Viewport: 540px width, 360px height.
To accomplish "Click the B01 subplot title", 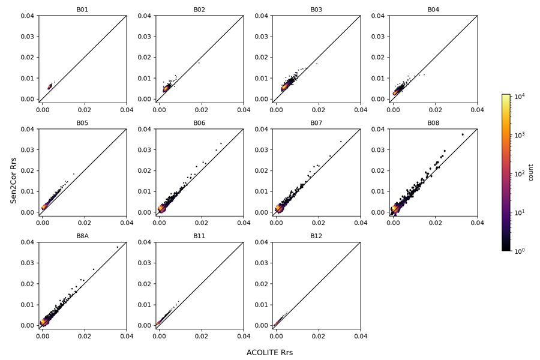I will click(x=82, y=10).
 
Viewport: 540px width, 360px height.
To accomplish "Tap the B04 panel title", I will click(x=433, y=10).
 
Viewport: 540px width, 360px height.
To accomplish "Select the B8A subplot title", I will click(x=82, y=236).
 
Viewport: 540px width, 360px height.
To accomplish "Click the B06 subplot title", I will click(x=199, y=123).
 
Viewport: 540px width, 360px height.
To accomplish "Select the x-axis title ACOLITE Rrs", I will click(x=269, y=352).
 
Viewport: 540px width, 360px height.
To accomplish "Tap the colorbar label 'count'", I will click(x=530, y=173).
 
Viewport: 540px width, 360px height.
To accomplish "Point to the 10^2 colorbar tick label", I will click(x=518, y=173).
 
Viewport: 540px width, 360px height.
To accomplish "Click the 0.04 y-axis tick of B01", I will click(x=27, y=16).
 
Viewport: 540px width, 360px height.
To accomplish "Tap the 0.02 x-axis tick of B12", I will click(x=318, y=335).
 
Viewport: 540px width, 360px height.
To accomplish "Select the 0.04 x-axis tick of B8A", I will click(x=127, y=335).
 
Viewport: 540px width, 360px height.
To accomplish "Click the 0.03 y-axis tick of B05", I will click(x=27, y=150).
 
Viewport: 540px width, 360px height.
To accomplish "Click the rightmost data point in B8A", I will click(x=118, y=247).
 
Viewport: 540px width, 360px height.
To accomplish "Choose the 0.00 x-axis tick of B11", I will click(x=159, y=335).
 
